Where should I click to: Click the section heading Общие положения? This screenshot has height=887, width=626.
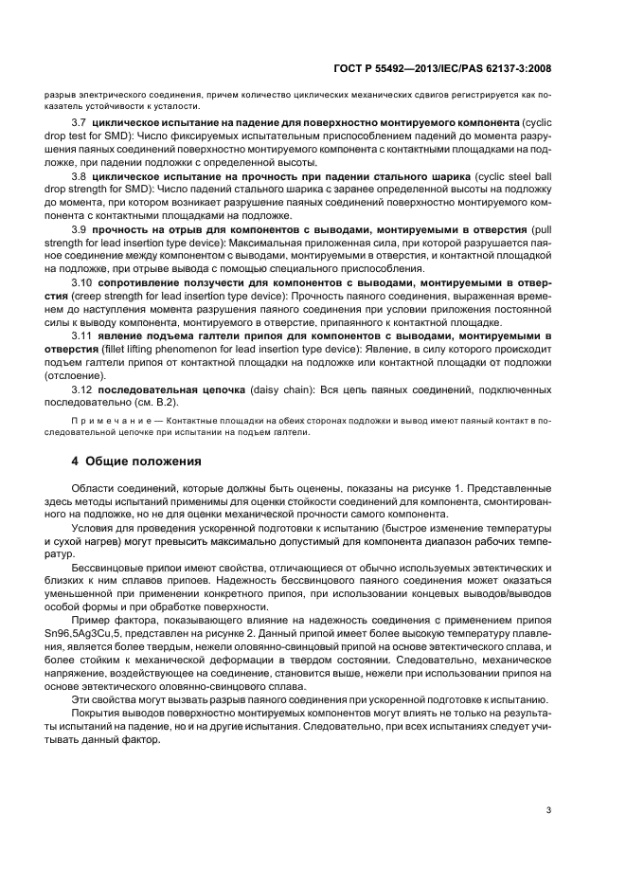point(143,462)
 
